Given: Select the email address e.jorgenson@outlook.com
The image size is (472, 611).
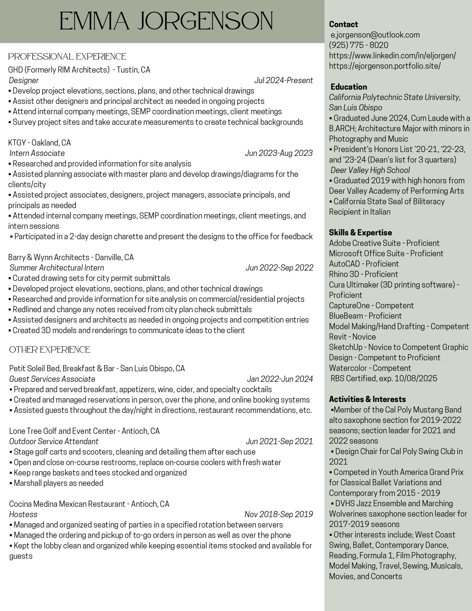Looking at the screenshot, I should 375,35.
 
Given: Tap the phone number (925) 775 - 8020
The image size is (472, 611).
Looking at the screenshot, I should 358,45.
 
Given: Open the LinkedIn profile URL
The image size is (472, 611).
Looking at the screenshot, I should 392,56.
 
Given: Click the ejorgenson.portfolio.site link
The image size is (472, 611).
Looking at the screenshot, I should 385,66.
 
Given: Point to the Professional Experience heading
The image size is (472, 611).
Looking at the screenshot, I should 67,57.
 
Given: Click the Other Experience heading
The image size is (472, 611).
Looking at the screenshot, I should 49,350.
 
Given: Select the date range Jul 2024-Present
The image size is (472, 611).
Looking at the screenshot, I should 283,81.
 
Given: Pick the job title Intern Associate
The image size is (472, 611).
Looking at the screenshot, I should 37,153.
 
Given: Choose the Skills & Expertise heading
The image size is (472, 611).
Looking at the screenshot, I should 360,232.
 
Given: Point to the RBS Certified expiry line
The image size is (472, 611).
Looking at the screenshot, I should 384,379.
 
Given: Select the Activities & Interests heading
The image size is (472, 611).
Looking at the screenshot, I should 367,399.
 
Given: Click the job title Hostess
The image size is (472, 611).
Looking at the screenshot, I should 23,515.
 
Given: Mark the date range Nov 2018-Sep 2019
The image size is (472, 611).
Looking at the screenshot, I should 279,515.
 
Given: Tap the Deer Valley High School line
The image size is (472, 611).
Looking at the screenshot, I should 370,170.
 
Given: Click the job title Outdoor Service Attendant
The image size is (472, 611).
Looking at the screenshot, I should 54,442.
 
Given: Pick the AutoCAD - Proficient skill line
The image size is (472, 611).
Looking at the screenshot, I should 364,264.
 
